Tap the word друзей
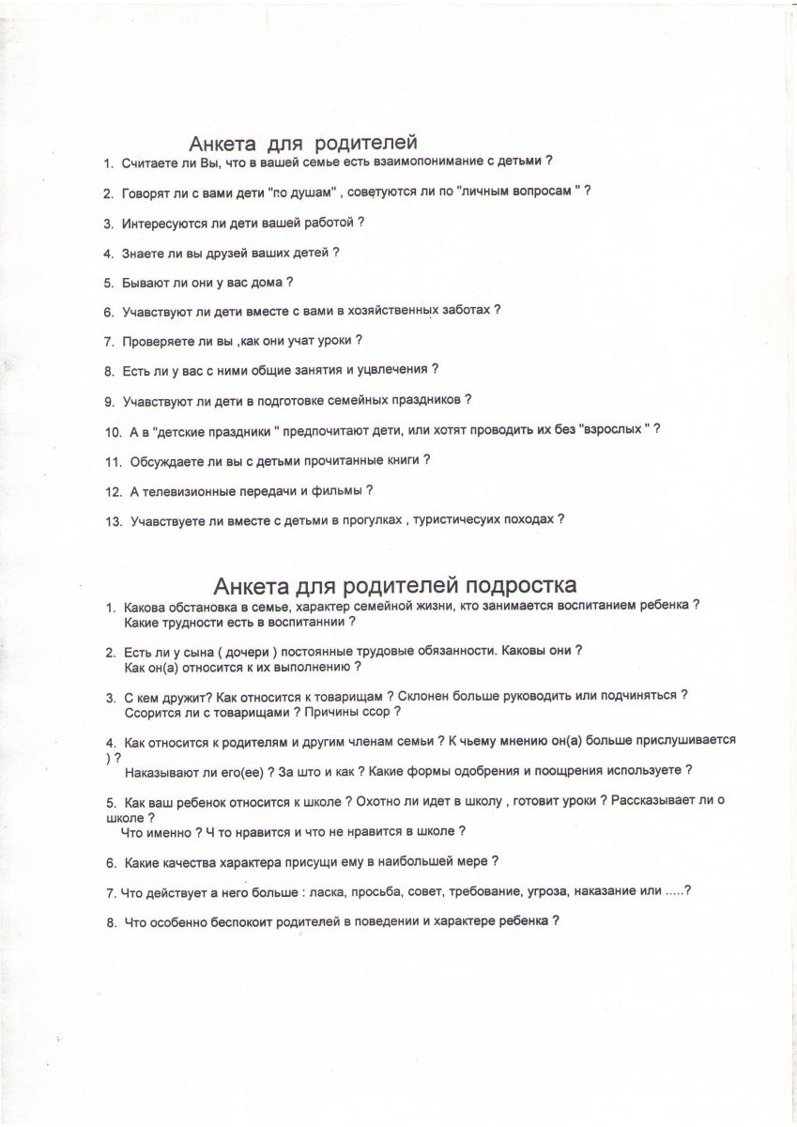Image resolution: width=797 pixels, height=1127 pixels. (x=218, y=253)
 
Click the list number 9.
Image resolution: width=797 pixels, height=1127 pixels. (x=110, y=401)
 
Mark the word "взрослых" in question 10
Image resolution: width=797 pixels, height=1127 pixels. (x=614, y=429)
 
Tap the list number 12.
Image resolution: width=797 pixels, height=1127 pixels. (x=114, y=491)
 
